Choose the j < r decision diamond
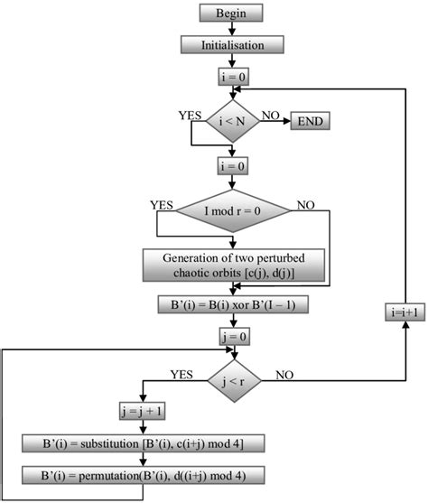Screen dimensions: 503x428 (x=235, y=379)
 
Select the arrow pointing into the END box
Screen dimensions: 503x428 (x=281, y=120)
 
